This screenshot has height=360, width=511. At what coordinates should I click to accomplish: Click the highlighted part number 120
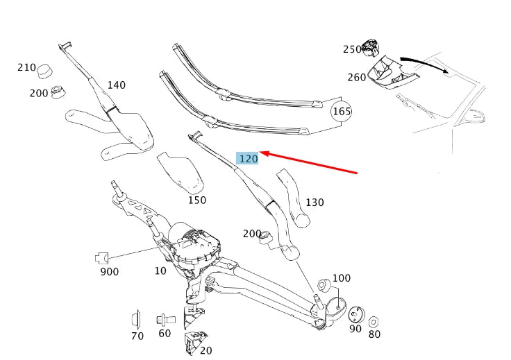pyautogui.click(x=248, y=159)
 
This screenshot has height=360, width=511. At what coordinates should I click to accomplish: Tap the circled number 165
pyautogui.click(x=341, y=111)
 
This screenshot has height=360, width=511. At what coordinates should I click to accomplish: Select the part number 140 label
pyautogui.click(x=116, y=85)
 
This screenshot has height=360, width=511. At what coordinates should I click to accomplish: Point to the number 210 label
pyautogui.click(x=26, y=67)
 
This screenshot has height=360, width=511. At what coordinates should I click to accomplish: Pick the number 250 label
pyautogui.click(x=352, y=49)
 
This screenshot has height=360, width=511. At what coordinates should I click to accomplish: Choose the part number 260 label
pyautogui.click(x=357, y=77)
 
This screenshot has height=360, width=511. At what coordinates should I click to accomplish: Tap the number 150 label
pyautogui.click(x=196, y=200)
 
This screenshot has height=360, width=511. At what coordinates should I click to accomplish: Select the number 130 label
pyautogui.click(x=315, y=203)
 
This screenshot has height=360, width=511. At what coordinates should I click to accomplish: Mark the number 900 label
pyautogui.click(x=109, y=271)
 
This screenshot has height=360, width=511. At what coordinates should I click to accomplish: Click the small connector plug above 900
pyautogui.click(x=101, y=258)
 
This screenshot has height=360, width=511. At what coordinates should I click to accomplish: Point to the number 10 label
pyautogui.click(x=160, y=271)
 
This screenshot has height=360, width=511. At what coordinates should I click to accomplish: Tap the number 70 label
pyautogui.click(x=137, y=336)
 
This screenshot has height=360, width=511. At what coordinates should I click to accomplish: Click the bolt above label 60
pyautogui.click(x=165, y=320)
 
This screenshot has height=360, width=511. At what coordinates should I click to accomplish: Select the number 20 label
pyautogui.click(x=206, y=350)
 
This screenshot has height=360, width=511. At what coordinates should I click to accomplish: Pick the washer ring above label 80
pyautogui.click(x=374, y=321)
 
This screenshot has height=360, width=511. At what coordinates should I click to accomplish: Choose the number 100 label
pyautogui.click(x=342, y=278)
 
